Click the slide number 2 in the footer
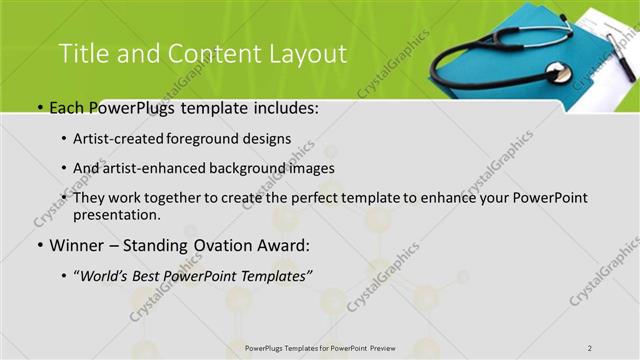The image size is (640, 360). click(590, 347)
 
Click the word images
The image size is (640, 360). click(309, 168)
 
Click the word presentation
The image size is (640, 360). click(115, 214)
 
